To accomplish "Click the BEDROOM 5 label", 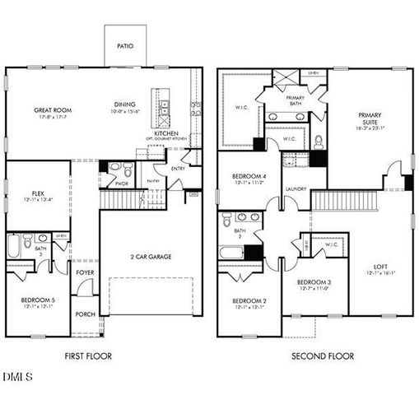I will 37,300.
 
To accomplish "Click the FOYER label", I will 85,272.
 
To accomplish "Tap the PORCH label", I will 85,314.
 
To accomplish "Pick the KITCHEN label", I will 167,132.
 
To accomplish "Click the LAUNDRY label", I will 296,189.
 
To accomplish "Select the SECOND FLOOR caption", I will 323,356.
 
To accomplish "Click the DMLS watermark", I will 17,377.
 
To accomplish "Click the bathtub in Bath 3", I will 14,247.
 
